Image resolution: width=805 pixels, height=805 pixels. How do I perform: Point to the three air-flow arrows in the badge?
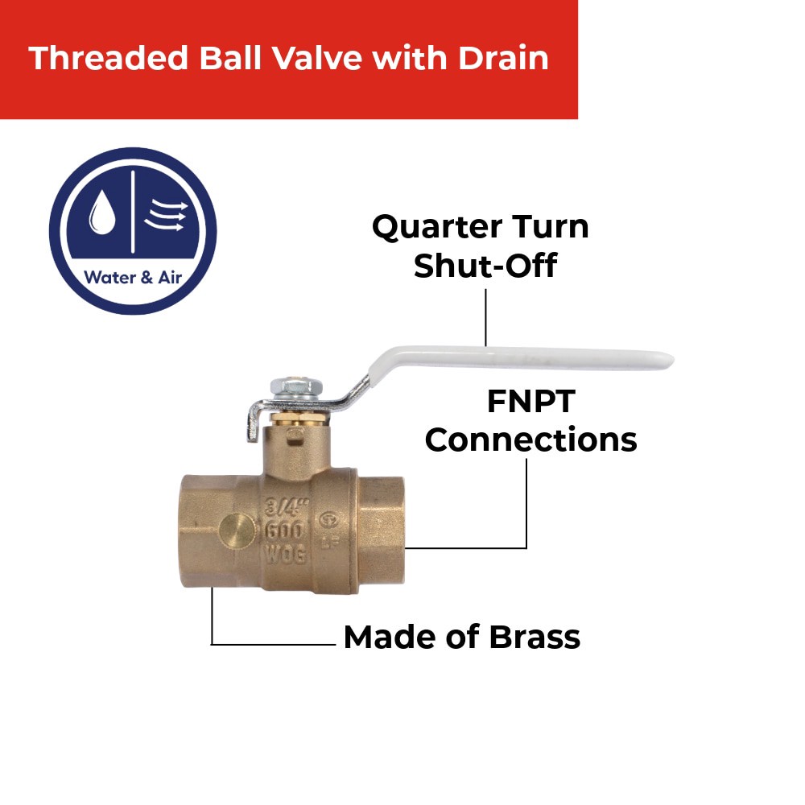click(166, 215)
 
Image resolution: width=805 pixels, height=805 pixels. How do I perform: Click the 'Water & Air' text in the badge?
click(132, 278)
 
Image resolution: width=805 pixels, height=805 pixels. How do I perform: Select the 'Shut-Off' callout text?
click(485, 266)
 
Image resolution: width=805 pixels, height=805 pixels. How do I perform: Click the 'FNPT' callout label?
click(531, 401)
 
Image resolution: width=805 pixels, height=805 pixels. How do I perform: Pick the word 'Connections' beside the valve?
click(531, 440)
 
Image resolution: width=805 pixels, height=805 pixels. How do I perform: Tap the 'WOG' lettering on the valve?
click(287, 555)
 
